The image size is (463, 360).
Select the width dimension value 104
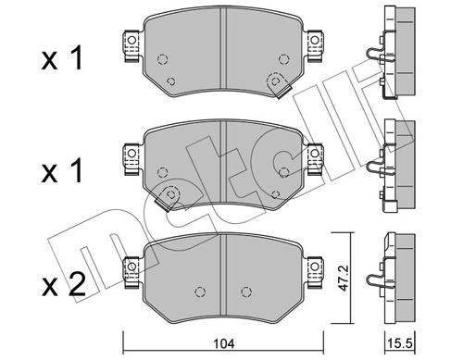point(221,345)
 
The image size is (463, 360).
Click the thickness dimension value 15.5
point(400,345)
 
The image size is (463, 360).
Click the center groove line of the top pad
point(222,51)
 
